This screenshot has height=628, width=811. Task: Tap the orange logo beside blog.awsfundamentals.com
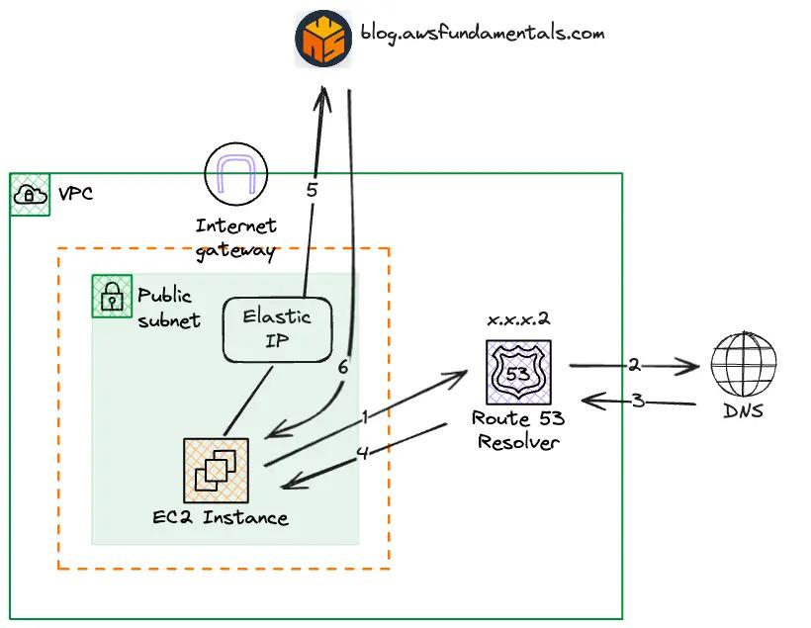[x=323, y=38]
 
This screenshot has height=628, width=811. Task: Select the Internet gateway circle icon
[x=235, y=173]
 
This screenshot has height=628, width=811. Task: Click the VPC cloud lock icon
[x=30, y=195]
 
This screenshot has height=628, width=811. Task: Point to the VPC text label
[x=75, y=194]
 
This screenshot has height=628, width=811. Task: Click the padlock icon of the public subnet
[x=112, y=296]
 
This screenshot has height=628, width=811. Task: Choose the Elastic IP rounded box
[x=277, y=329]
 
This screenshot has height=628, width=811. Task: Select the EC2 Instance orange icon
[x=216, y=470]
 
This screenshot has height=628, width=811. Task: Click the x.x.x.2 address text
[x=518, y=320]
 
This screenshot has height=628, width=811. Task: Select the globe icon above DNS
[x=743, y=365]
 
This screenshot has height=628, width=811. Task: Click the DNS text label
[x=743, y=410]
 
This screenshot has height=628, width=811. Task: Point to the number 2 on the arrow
[x=634, y=365]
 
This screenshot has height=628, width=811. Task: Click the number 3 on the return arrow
[x=638, y=402]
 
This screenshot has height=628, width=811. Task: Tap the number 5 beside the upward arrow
[x=312, y=190]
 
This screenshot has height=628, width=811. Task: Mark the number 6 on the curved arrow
[x=342, y=367]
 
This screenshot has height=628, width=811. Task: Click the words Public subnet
[x=168, y=307]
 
